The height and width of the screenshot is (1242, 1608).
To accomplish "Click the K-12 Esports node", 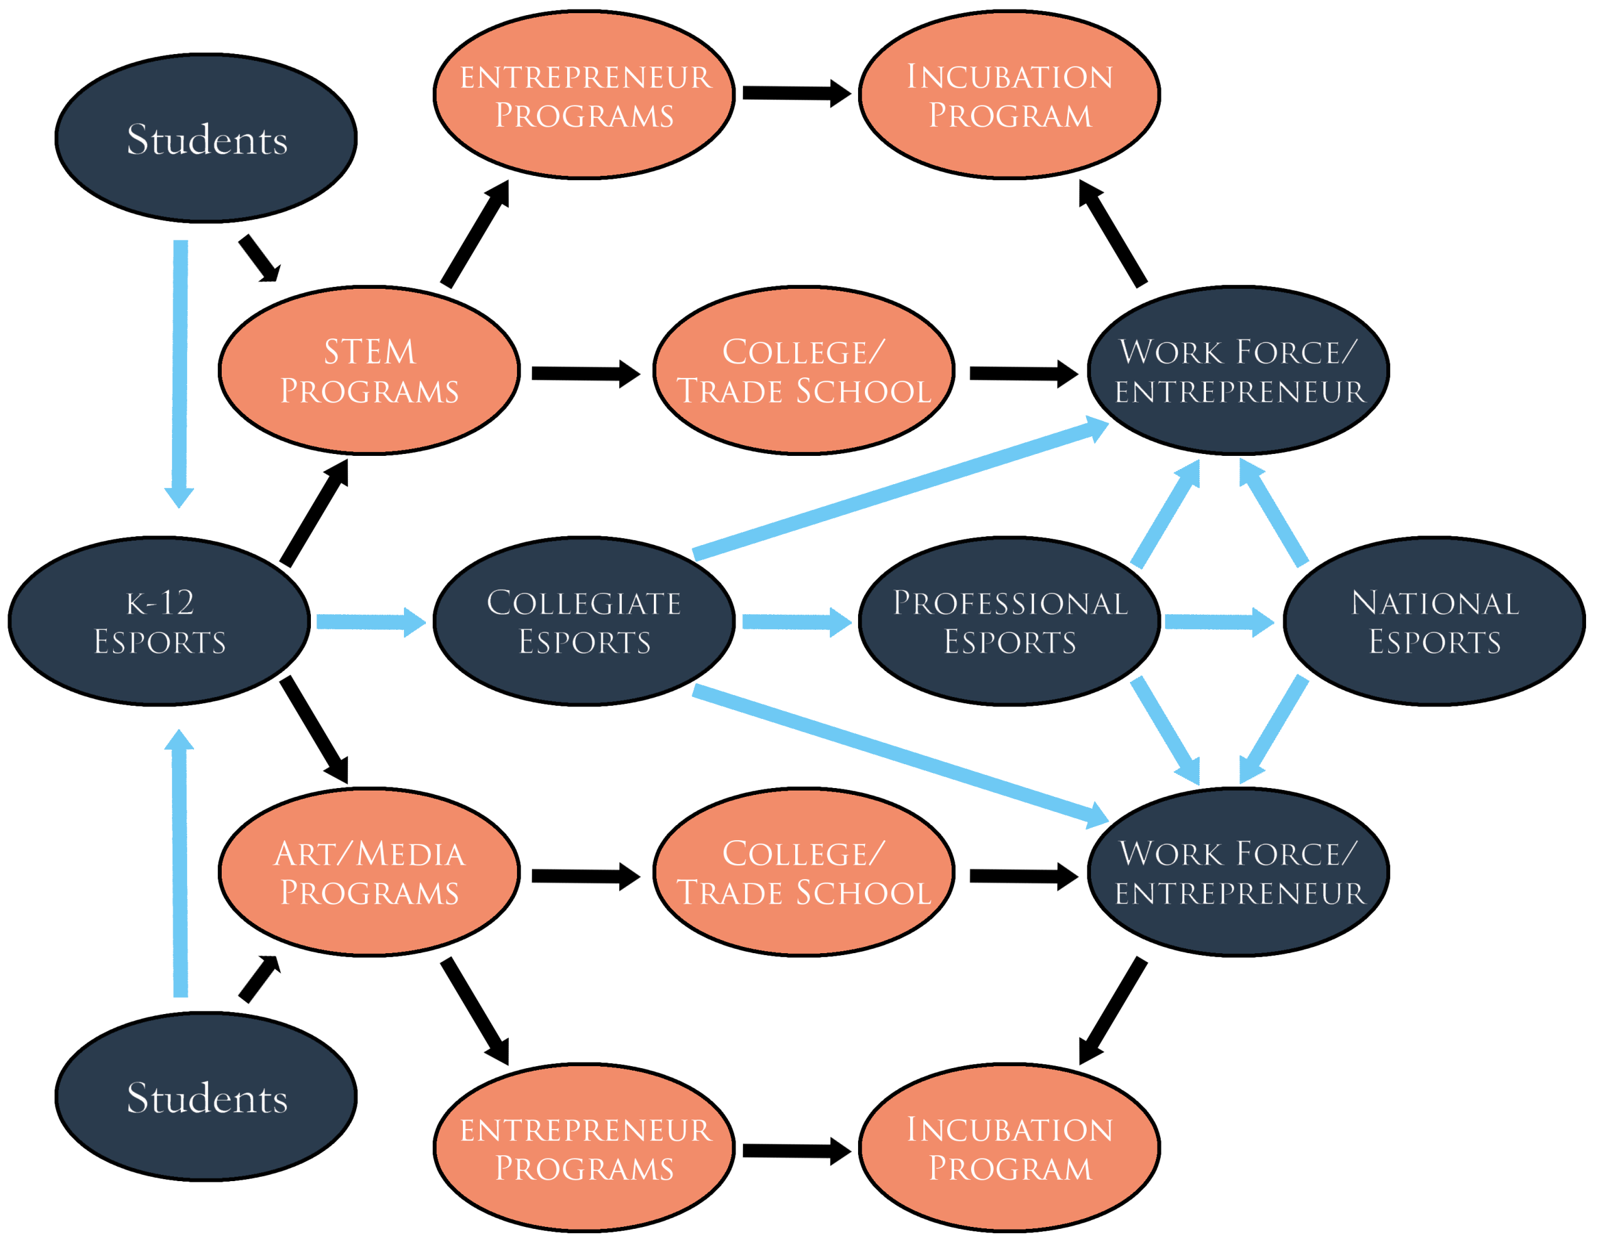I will coord(159,622).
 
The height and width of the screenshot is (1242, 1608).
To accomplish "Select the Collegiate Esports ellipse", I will coord(584,622).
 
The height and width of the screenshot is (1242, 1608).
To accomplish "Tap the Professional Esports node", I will coord(1009,622).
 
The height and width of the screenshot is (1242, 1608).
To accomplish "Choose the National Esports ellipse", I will coord(1434,622).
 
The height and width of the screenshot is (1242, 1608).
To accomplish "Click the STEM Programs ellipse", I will coord(369,370).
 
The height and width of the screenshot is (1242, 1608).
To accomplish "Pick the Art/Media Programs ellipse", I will coord(369,872).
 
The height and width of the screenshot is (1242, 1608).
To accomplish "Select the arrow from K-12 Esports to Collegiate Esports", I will coord(371,622).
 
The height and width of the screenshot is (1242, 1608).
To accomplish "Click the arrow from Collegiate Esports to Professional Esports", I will coord(796,622).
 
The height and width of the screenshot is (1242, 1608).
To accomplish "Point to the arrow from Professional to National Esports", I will coord(1219,622).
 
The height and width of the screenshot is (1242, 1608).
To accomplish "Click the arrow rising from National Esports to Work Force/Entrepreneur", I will coord(1274,513).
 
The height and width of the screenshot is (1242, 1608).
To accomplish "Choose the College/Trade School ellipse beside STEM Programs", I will coord(803,370).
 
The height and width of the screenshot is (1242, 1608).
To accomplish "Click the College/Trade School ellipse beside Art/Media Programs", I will coord(803,872).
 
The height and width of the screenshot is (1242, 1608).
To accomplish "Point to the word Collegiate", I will coord(584,603).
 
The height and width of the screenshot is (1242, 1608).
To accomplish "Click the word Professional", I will coord(1010,603).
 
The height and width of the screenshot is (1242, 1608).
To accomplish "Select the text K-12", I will coord(160,603).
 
